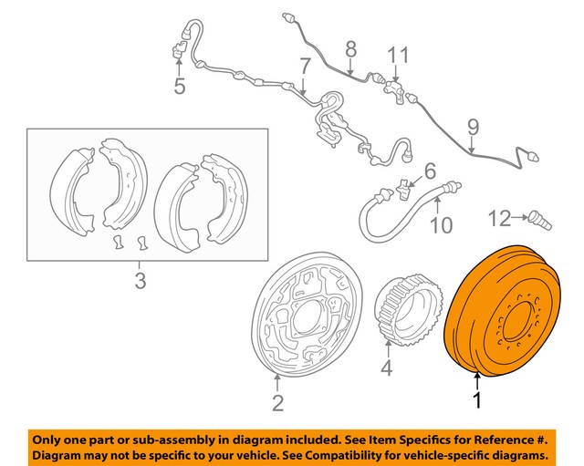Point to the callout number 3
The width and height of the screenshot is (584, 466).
pyautogui.click(x=140, y=282)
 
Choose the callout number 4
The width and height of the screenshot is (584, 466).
pyautogui.click(x=386, y=369)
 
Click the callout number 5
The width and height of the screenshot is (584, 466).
pyautogui.click(x=179, y=87)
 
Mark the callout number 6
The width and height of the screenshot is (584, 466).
pyautogui.click(x=430, y=169)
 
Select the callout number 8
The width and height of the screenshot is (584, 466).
pyautogui.click(x=349, y=48)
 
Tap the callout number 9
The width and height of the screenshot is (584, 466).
pyautogui.click(x=472, y=127)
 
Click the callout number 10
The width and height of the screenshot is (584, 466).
pyautogui.click(x=441, y=224)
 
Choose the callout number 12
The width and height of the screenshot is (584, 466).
pyautogui.click(x=499, y=218)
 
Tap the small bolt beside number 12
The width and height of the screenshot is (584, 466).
pyautogui.click(x=538, y=219)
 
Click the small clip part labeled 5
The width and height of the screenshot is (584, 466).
pyautogui.click(x=178, y=53)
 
